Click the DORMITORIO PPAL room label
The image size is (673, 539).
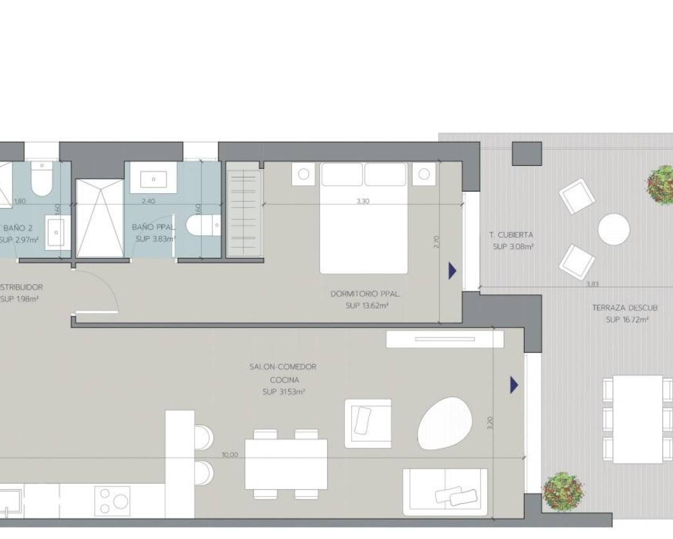click(364, 294)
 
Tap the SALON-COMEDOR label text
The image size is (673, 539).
click(283, 366)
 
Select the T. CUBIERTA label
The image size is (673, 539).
click(511, 235)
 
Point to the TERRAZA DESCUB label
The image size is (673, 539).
click(625, 308)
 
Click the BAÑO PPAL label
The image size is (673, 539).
click(153, 227)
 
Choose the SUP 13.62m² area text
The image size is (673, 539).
click(367, 306)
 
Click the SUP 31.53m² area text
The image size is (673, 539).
click(284, 392)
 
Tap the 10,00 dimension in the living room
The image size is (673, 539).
click(230, 455)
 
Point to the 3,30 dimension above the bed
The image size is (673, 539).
click(363, 201)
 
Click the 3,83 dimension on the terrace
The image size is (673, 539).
click(592, 284)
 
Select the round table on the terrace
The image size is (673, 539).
click(614, 229)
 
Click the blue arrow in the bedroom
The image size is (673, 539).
click(452, 271)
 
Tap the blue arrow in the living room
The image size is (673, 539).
click(514, 385)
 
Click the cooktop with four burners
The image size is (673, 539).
click(112, 500)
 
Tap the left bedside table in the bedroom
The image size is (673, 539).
click(303, 174)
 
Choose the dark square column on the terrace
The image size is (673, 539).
click(526, 154)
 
